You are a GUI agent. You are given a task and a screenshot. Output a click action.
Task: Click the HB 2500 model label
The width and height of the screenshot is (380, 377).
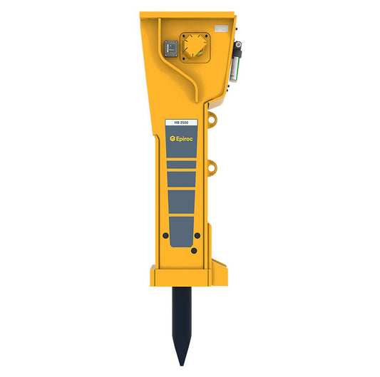pyautogui.click(x=182, y=123)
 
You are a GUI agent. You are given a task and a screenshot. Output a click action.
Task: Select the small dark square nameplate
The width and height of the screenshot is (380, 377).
pyautogui.click(x=170, y=48)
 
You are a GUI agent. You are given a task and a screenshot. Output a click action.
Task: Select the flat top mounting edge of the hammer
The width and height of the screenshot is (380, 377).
pyautogui.click(x=187, y=13)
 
